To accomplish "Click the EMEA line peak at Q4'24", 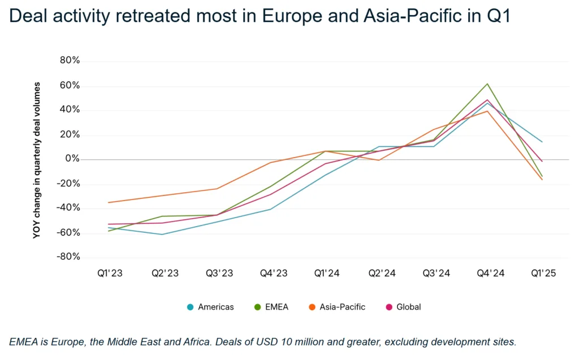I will pyautogui.click(x=487, y=84).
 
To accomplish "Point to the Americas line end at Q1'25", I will pyautogui.click(x=542, y=142).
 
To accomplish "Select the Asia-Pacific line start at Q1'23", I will pyautogui.click(x=109, y=202).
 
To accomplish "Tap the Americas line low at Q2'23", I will pyautogui.click(x=163, y=234).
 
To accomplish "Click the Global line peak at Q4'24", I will pyautogui.click(x=487, y=100).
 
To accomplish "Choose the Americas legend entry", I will pyautogui.click(x=210, y=307).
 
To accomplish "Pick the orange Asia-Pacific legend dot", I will pyautogui.click(x=312, y=307).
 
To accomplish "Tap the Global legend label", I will pyautogui.click(x=408, y=307).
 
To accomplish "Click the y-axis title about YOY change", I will pyautogui.click(x=37, y=159).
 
